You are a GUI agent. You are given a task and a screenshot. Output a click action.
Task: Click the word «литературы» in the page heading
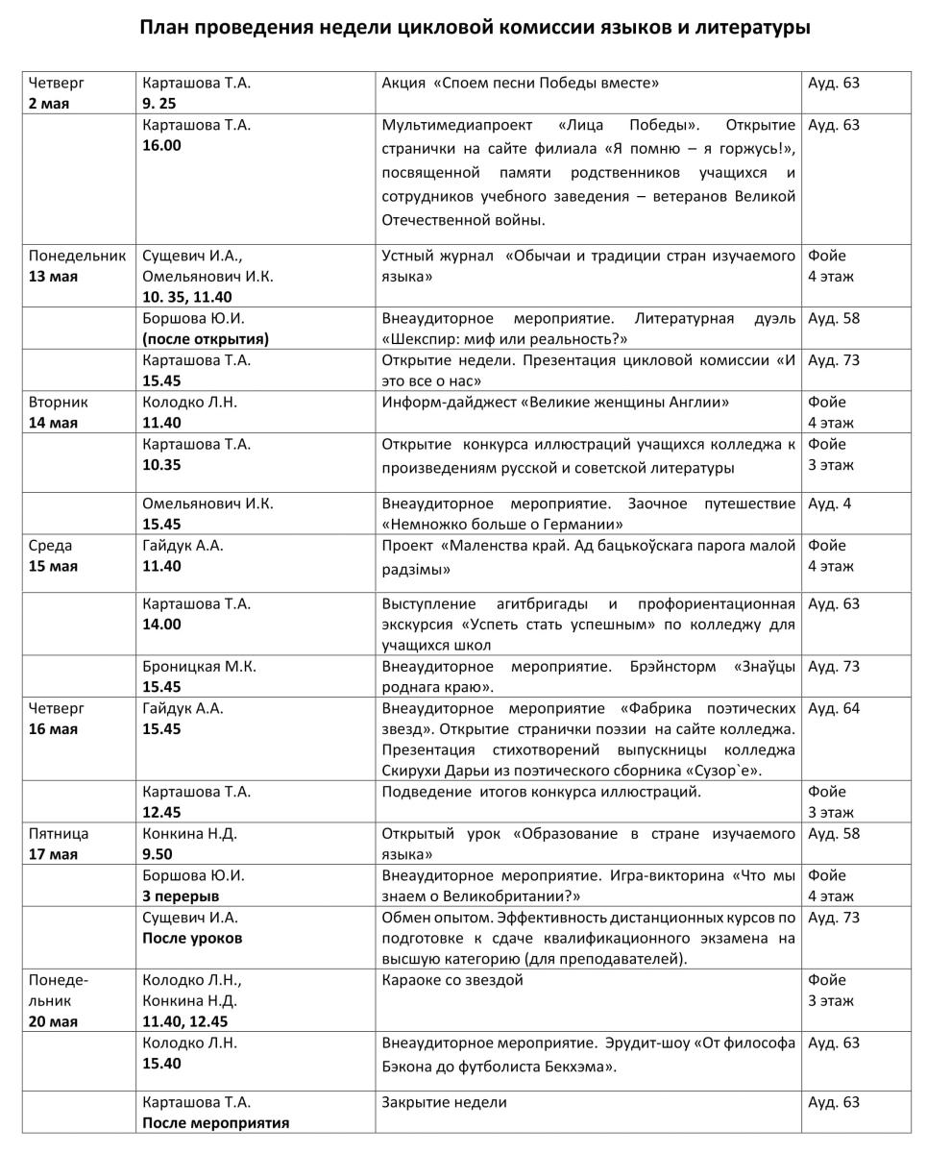click(750, 27)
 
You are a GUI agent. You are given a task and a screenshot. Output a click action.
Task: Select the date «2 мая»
click(49, 104)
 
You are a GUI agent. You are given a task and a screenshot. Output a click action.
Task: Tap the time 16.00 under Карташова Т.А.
click(161, 145)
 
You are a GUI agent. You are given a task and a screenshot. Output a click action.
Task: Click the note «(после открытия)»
click(206, 339)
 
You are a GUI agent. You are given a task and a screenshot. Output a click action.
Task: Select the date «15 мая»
click(53, 566)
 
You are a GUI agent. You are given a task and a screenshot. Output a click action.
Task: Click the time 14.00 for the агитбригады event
click(161, 625)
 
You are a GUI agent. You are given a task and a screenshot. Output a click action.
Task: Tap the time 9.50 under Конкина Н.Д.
click(158, 854)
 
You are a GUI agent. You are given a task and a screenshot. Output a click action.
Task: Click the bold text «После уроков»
click(192, 938)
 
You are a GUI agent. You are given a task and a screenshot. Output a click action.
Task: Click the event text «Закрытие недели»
click(444, 1102)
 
